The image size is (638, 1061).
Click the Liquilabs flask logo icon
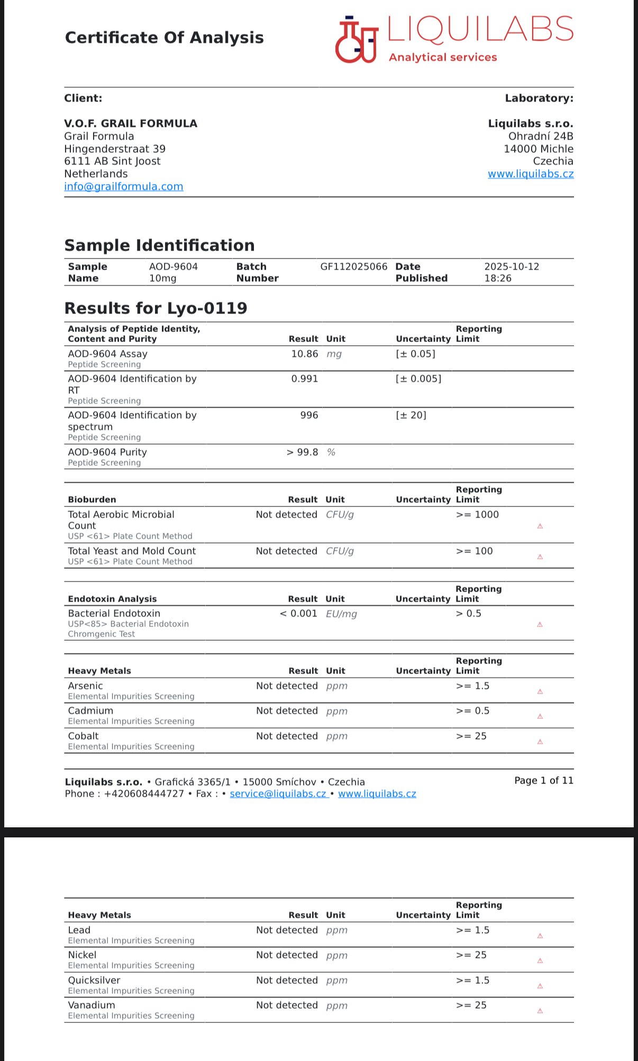357,40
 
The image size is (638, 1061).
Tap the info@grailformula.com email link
124,187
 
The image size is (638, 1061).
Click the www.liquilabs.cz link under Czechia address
530,174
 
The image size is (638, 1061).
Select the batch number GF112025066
353,267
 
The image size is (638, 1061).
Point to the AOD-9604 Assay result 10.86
304,354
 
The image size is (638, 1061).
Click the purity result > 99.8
303,453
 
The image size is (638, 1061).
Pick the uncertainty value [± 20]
411,416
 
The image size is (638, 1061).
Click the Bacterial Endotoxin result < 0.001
298,614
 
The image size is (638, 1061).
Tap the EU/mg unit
341,614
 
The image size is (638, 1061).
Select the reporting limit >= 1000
477,515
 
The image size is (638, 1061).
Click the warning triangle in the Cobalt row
540,742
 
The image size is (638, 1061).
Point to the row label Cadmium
90,711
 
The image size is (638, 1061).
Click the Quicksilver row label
94,981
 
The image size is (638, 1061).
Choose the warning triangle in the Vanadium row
540,1011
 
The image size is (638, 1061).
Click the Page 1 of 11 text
543,781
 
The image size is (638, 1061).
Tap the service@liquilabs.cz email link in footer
278,794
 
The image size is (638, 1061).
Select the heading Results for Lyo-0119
156,308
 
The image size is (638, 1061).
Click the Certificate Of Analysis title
164,38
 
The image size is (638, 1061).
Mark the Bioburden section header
92,500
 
